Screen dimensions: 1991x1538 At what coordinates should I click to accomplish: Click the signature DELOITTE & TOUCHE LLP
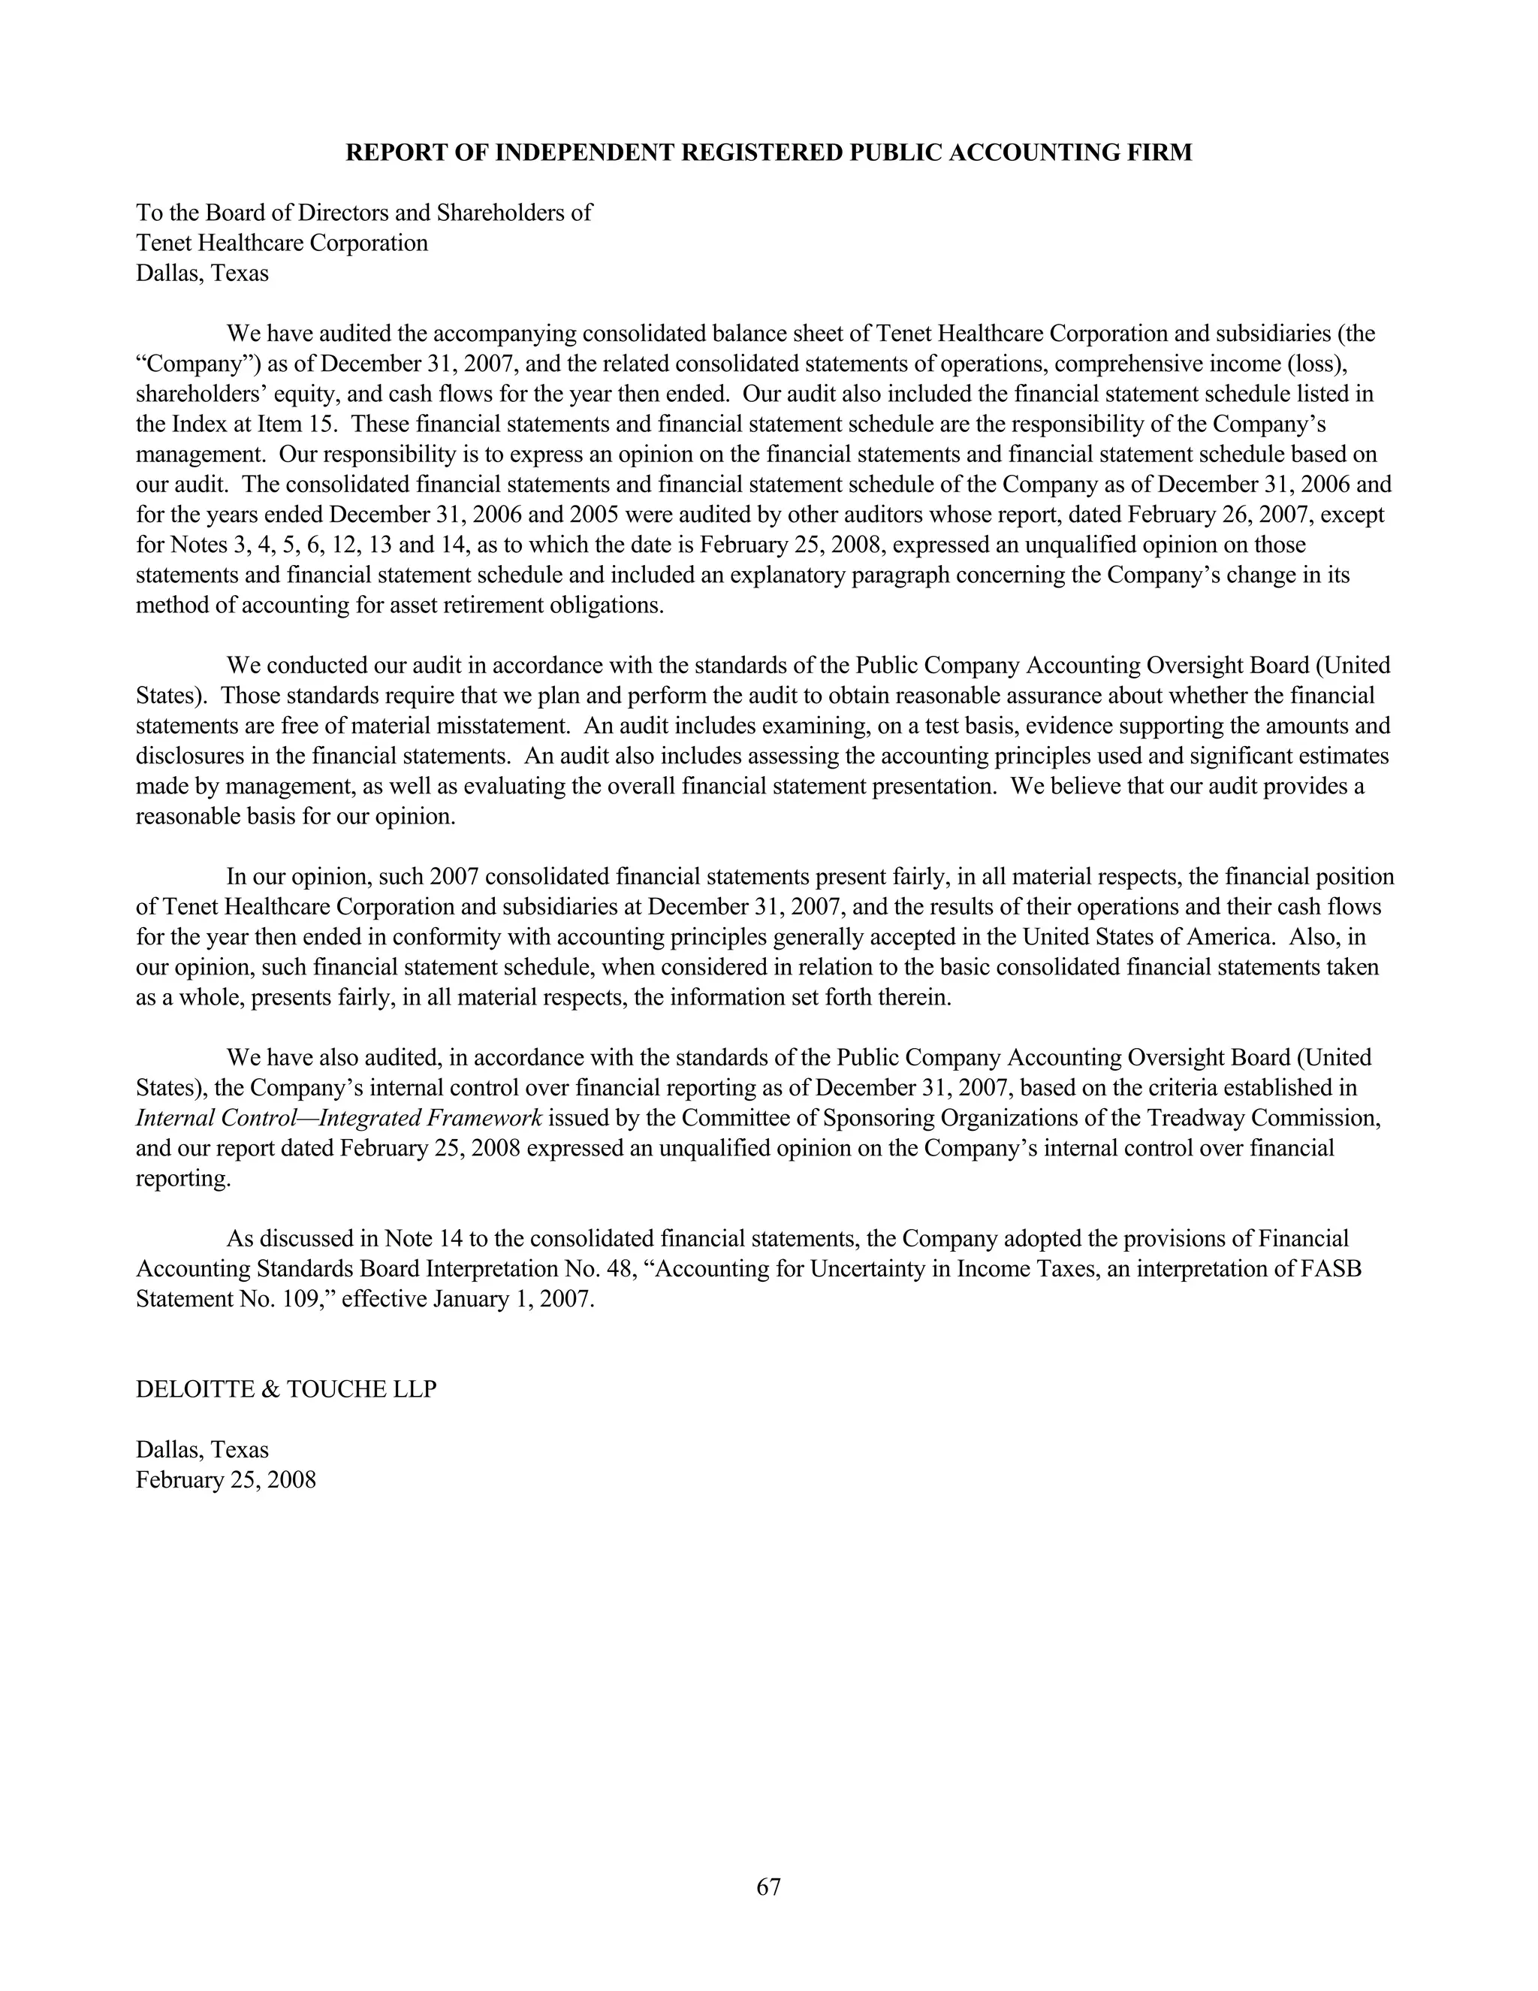286,1389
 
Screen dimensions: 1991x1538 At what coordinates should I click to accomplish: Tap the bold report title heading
768,153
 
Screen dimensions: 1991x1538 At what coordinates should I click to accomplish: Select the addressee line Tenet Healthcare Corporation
282,243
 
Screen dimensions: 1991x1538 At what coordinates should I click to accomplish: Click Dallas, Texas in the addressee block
202,273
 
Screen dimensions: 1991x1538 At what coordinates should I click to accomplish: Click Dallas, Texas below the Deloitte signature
202,1449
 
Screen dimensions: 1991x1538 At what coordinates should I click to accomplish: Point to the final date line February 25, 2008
226,1479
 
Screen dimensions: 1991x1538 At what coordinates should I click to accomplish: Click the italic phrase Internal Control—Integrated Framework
339,1119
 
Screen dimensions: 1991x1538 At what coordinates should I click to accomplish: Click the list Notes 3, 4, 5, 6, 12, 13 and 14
317,545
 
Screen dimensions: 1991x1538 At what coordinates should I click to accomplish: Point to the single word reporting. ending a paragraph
183,1179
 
